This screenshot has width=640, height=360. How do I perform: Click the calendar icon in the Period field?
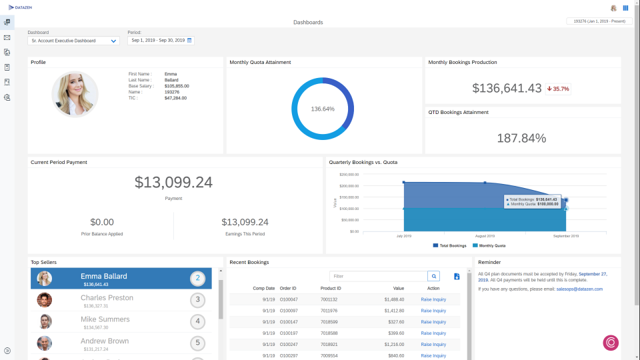[189, 41]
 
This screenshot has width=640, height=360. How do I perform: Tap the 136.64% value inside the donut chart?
[323, 109]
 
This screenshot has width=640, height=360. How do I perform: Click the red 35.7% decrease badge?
[558, 89]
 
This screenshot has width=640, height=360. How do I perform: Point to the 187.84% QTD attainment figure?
[521, 138]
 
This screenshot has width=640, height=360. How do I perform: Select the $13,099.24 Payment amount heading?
[173, 182]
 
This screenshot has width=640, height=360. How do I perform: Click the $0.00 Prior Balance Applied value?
[102, 222]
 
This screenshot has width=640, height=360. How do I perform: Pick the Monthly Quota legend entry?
[489, 246]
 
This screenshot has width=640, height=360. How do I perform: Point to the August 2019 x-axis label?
[485, 236]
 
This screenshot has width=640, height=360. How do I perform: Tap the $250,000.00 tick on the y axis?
[349, 174]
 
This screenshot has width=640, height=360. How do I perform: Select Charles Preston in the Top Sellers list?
[107, 298]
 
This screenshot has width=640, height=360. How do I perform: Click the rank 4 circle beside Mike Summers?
[197, 321]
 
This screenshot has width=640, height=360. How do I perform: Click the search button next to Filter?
[434, 276]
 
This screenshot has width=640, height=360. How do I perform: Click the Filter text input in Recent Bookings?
[378, 276]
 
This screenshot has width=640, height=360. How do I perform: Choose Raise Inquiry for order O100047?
[433, 300]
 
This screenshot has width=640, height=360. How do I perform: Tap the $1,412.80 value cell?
[394, 311]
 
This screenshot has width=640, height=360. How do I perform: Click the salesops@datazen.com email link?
[579, 289]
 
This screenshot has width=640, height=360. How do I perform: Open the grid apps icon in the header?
[625, 8]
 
